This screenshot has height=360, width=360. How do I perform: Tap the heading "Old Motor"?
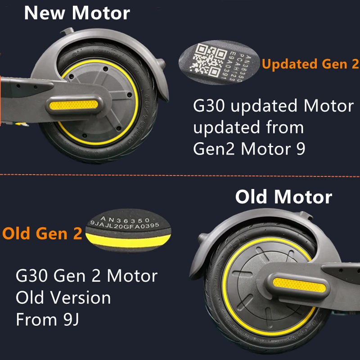pos(283,197)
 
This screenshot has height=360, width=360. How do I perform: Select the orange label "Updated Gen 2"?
pos(310,64)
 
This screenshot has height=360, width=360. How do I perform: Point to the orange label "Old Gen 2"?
pos(43,234)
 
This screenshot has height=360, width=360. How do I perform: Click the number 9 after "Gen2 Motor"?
pos(300,149)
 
